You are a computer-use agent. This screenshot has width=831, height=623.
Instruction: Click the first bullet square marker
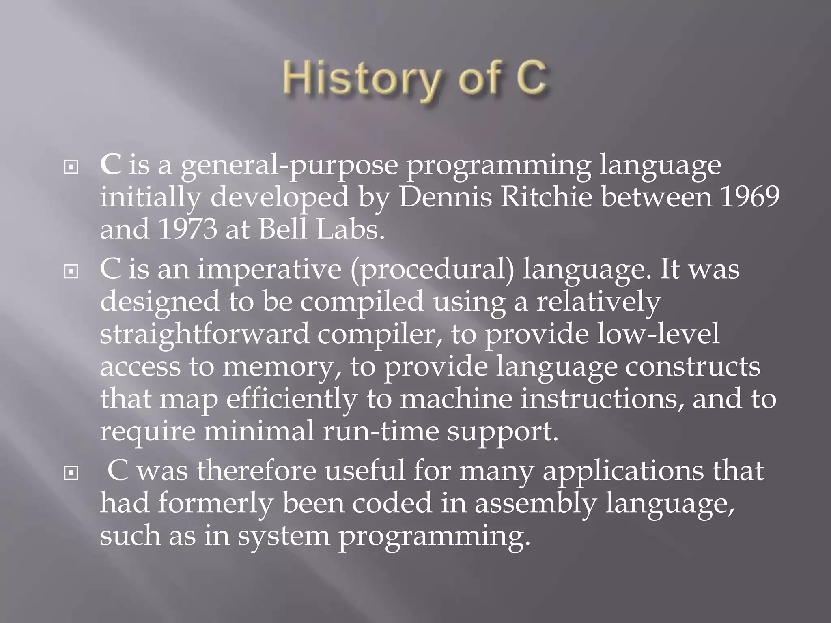(x=71, y=167)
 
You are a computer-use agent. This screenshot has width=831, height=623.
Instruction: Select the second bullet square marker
(x=71, y=271)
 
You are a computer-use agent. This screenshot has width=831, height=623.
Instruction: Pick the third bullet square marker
(x=71, y=473)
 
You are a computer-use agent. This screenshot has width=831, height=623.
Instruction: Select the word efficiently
(x=291, y=399)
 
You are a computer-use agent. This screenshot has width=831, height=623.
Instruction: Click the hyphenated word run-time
(x=381, y=431)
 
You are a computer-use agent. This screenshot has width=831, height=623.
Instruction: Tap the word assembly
(x=535, y=503)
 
